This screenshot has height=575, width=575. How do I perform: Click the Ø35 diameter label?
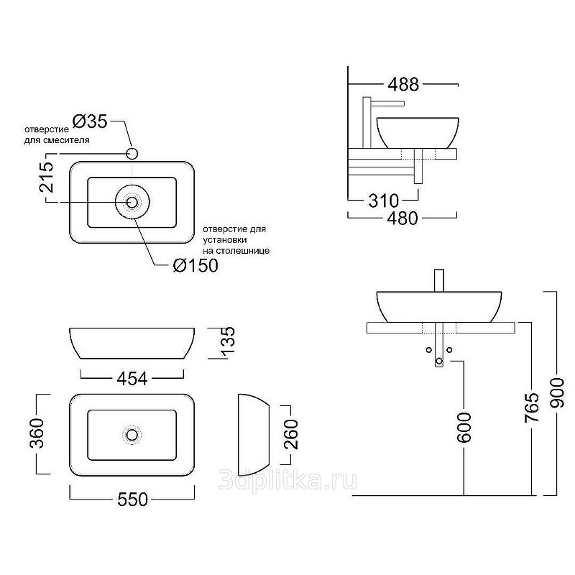pos(90,121)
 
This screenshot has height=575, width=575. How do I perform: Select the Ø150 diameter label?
pos(195,265)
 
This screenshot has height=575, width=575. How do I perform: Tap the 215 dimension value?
pos(47,177)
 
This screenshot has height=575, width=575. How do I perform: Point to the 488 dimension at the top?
pos(403,84)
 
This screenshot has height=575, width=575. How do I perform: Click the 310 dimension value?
pos(384,201)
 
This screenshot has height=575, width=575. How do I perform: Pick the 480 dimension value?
pos(402,218)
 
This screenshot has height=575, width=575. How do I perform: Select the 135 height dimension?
pos(227,340)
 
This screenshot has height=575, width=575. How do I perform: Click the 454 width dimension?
pos(132,379)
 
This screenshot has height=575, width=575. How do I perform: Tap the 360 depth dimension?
pos(37,433)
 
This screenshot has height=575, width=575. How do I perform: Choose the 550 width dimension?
pos(132,499)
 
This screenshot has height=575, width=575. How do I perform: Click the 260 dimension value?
pos(292,435)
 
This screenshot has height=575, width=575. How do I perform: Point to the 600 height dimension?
pos(464,427)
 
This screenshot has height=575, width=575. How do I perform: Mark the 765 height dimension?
pos(532,408)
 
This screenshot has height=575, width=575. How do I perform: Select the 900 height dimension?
pos(557,393)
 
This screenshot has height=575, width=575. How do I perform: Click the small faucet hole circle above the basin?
pos(132,154)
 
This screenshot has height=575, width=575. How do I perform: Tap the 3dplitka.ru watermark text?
pos(288,480)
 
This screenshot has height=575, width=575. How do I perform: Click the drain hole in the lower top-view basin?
pos(132,435)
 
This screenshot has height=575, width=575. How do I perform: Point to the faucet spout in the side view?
pos(388,103)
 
